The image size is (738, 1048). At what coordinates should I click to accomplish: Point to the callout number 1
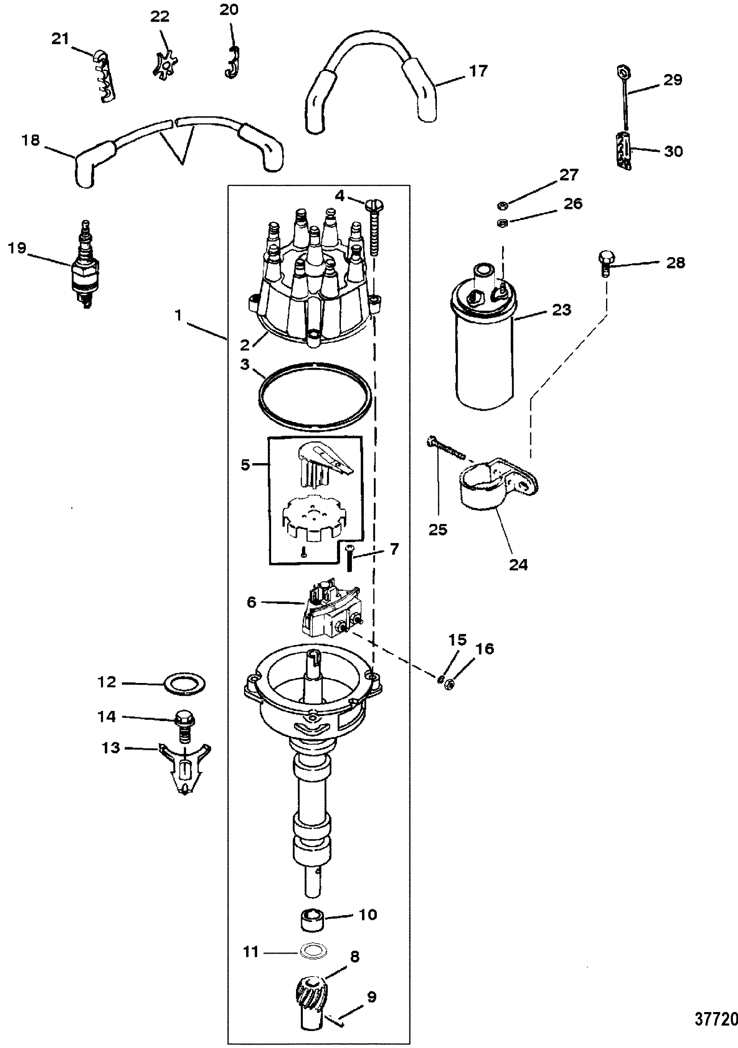[178, 315]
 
